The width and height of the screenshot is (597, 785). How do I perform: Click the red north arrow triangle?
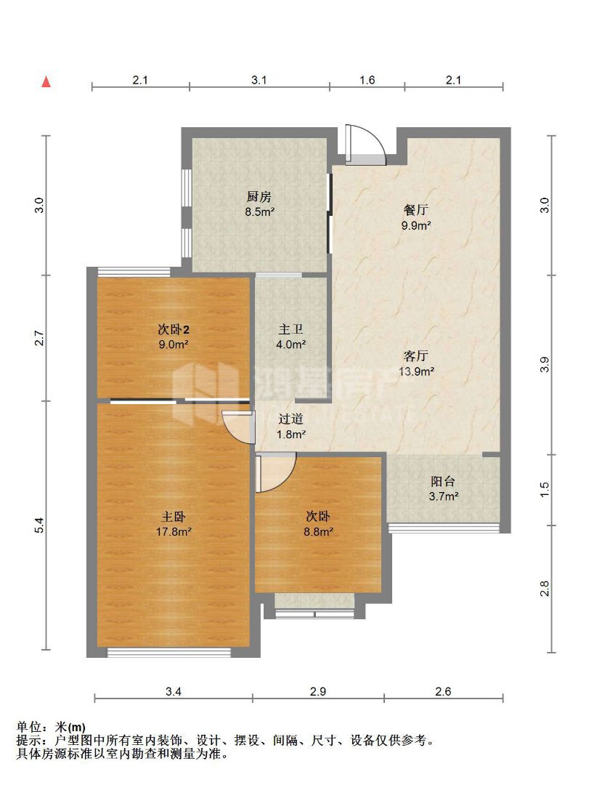pyautogui.click(x=46, y=81)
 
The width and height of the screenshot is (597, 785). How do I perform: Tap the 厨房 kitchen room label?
pyautogui.click(x=259, y=197)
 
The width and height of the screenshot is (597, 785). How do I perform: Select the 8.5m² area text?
pyautogui.click(x=259, y=212)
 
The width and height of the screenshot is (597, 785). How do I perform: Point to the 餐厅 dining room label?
pyautogui.click(x=416, y=210)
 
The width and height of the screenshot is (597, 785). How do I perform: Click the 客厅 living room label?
pyautogui.click(x=416, y=356)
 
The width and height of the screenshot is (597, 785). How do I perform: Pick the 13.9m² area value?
pyautogui.click(x=416, y=371)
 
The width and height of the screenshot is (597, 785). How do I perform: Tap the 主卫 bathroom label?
pyautogui.click(x=291, y=329)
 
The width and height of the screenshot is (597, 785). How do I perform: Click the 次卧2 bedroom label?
pyautogui.click(x=173, y=329)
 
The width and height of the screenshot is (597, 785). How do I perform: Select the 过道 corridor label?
pyautogui.click(x=291, y=419)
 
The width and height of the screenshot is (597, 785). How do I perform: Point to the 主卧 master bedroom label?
pyautogui.click(x=174, y=516)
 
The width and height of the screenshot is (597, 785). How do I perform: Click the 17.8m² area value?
pyautogui.click(x=174, y=531)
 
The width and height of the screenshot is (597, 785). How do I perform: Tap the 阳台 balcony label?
pyautogui.click(x=443, y=481)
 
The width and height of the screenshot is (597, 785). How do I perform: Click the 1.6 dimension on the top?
pyautogui.click(x=367, y=80)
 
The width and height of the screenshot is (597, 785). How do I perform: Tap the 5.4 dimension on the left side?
pyautogui.click(x=40, y=526)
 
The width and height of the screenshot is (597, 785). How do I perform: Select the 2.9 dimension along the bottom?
pyautogui.click(x=318, y=691)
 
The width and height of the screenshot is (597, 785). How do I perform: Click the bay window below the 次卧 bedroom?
pyautogui.click(x=314, y=605)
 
